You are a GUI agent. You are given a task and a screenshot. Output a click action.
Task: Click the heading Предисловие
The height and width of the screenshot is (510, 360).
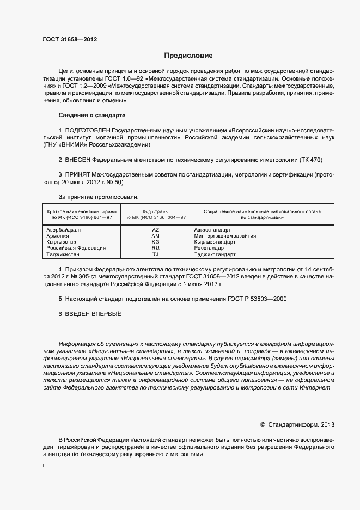188,56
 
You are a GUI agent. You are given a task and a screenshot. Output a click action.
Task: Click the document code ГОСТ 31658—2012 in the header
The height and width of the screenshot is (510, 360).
70,39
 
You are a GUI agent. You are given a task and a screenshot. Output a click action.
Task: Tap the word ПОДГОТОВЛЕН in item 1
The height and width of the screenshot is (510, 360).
88,131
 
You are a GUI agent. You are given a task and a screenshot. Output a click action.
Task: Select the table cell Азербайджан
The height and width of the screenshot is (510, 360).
64,230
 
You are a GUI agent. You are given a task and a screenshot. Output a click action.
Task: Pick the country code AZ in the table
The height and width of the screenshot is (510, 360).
155,230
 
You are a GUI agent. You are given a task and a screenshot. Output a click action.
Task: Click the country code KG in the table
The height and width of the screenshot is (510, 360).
155,242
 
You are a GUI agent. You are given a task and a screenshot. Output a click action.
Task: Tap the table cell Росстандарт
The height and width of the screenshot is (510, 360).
211,248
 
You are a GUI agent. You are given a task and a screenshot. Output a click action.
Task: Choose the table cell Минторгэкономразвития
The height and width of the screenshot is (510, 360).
225,236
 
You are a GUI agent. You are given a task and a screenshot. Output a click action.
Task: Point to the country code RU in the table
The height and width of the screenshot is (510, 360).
155,248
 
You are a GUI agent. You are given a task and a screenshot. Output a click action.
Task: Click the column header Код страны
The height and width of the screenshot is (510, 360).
155,211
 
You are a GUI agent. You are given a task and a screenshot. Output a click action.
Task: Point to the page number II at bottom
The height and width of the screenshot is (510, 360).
44,466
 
